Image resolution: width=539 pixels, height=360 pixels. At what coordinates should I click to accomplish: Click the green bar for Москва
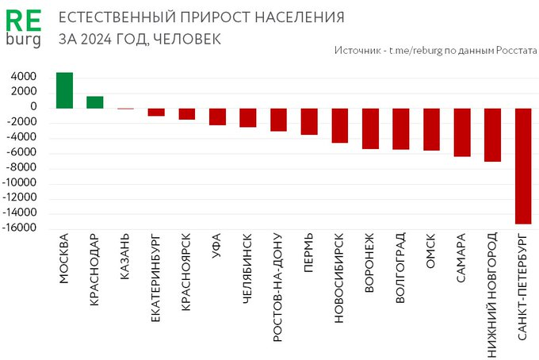click(x=65, y=90)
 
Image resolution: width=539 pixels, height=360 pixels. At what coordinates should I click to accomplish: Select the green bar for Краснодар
click(x=95, y=102)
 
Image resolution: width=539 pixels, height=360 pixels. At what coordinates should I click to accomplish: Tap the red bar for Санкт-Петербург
click(x=523, y=166)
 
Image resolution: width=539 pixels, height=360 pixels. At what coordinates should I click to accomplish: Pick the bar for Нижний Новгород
click(x=492, y=135)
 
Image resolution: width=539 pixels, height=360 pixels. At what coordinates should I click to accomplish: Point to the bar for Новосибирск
click(x=339, y=125)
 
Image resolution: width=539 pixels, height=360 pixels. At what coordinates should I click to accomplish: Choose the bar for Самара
click(x=462, y=132)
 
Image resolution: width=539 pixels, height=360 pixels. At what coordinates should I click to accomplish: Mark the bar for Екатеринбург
click(x=156, y=112)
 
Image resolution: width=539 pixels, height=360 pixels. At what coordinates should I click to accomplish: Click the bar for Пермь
click(x=309, y=121)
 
